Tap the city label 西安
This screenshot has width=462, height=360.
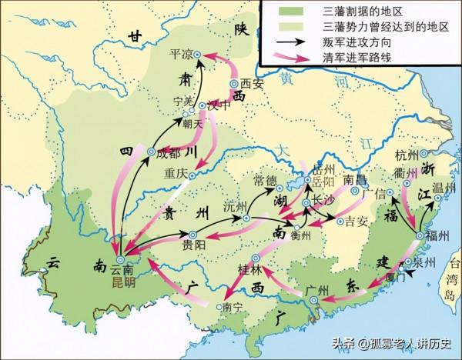coord(252,83)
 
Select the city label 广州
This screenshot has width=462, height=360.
coord(317,289)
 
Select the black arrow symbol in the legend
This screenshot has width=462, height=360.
coord(279,42)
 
